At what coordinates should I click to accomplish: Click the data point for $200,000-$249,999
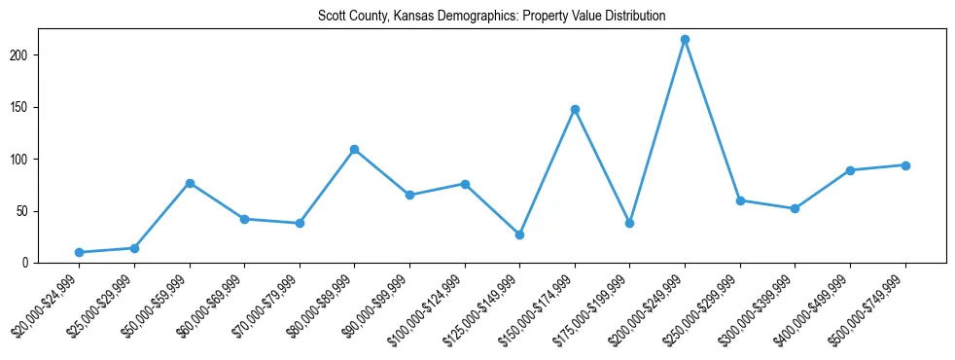click(x=685, y=40)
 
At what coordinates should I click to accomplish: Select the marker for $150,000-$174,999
click(x=575, y=109)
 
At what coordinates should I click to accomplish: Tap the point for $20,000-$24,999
click(x=79, y=252)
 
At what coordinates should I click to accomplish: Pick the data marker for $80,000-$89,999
click(x=354, y=149)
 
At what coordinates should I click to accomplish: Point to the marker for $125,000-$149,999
click(x=519, y=234)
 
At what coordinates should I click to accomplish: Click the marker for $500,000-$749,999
click(x=905, y=165)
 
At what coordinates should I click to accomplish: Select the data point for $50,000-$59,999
click(x=190, y=183)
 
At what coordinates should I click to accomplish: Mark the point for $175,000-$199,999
click(x=630, y=223)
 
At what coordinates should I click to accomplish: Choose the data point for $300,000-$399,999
click(x=796, y=208)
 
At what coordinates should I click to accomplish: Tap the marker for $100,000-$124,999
click(x=465, y=184)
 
